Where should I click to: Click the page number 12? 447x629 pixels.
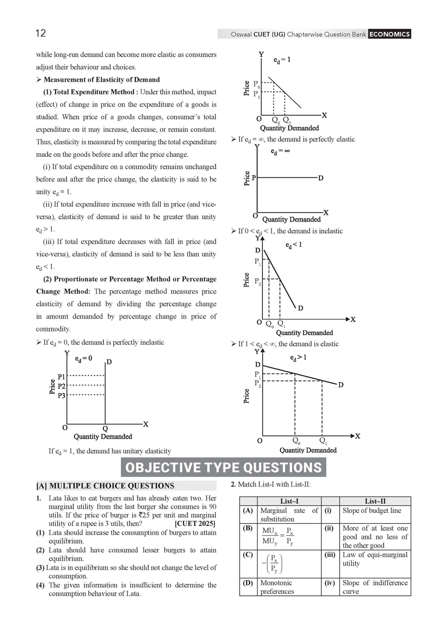(41, 33)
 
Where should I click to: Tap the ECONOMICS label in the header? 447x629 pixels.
(389, 34)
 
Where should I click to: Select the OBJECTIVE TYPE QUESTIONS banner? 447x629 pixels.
(223, 467)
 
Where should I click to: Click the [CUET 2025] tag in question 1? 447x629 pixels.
(195, 524)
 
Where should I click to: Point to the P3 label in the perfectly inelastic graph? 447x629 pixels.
(61, 395)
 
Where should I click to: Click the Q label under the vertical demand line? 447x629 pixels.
(105, 429)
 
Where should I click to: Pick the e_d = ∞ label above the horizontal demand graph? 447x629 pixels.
(280, 151)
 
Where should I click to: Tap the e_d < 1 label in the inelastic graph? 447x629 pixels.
(293, 245)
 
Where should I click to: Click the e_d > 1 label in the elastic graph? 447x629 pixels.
(298, 358)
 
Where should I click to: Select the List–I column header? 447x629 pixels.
(289, 501)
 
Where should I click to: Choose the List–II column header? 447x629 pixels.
(375, 501)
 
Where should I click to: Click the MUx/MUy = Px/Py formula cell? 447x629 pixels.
(278, 537)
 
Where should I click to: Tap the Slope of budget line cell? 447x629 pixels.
(371, 511)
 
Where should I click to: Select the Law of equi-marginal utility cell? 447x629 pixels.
(375, 559)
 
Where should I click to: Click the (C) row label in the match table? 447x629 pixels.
(248, 555)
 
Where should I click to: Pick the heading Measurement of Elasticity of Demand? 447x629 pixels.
(101, 79)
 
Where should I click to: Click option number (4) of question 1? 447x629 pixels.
(40, 585)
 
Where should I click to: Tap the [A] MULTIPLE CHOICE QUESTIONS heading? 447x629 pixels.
(105, 486)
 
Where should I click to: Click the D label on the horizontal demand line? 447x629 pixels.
(321, 178)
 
